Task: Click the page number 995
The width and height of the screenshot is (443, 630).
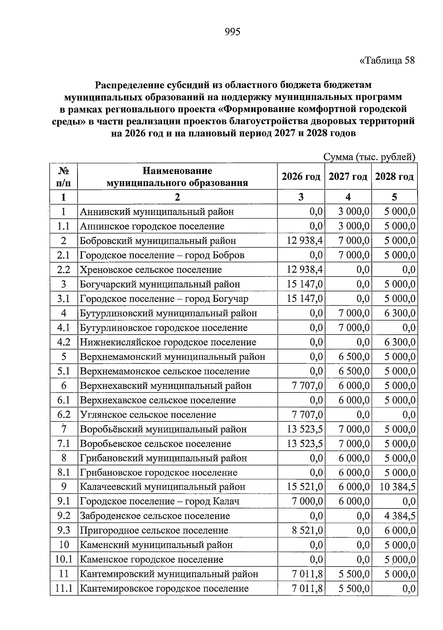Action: (x=233, y=32)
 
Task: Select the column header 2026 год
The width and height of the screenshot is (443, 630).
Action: (x=301, y=177)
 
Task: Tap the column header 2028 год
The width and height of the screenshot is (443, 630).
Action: (x=394, y=177)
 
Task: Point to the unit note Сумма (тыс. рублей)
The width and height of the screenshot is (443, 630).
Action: (x=370, y=157)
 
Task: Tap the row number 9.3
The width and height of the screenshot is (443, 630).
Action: (x=63, y=531)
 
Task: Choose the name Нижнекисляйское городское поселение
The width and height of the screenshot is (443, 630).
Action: (x=168, y=342)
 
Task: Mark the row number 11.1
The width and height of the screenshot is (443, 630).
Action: (x=63, y=589)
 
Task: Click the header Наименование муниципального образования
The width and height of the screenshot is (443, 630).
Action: (x=177, y=177)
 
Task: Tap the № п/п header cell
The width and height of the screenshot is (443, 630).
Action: (x=63, y=177)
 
